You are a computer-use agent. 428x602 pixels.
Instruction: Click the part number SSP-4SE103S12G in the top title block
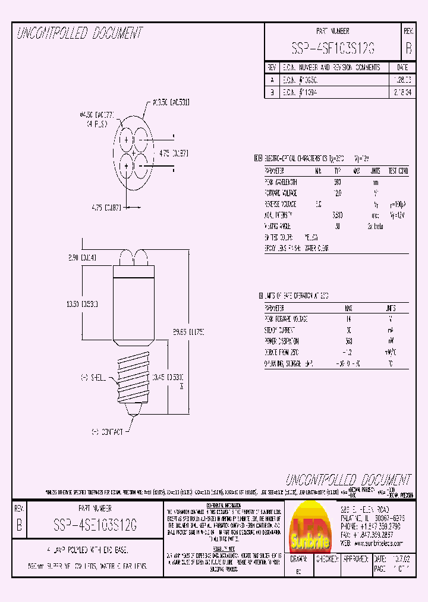(333, 48)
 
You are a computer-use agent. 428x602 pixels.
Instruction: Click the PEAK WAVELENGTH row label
(281, 182)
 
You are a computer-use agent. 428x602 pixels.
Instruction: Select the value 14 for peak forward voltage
(348, 319)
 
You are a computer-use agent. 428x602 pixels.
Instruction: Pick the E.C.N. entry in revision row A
(294, 79)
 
